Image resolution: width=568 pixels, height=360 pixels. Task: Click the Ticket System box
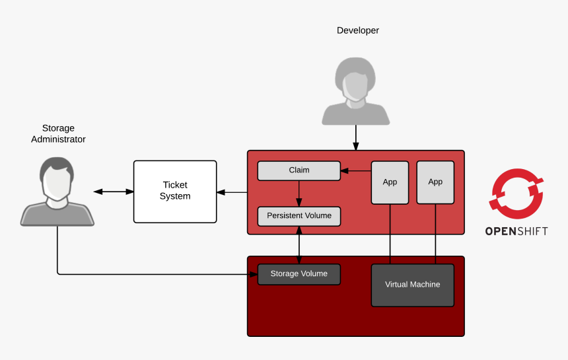[175, 192]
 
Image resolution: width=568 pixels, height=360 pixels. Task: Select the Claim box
[299, 170]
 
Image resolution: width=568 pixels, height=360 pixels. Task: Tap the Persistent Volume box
[299, 216]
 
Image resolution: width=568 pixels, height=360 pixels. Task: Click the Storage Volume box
[299, 274]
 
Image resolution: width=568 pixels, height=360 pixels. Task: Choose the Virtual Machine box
[412, 285]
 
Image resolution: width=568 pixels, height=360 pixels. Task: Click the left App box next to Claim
[390, 182]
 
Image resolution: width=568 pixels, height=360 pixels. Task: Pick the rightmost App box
[435, 182]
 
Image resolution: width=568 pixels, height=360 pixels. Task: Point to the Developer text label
[357, 30]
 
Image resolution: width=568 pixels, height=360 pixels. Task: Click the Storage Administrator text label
[58, 134]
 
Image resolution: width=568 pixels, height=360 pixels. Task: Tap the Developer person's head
[355, 78]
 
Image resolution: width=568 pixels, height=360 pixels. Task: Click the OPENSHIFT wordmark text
[516, 231]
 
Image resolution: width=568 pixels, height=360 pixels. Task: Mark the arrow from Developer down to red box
[356, 137]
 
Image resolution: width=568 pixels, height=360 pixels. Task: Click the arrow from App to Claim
[355, 172]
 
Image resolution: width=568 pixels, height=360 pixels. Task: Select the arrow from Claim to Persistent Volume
[299, 193]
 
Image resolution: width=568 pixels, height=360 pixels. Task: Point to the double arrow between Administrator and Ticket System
[113, 192]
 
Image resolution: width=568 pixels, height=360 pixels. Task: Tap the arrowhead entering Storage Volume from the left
[252, 274]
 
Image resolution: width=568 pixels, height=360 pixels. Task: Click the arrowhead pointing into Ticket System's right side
[221, 192]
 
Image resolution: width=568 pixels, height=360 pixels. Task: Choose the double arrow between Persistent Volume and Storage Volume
[299, 245]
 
